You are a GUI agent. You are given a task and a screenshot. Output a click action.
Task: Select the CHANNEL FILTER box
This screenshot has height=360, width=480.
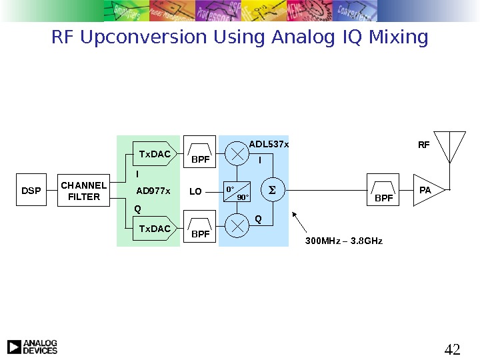[84, 191]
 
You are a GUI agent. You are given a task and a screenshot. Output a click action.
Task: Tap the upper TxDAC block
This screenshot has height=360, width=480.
[155, 155]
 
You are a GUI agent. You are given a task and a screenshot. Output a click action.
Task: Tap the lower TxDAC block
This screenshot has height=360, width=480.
[155, 229]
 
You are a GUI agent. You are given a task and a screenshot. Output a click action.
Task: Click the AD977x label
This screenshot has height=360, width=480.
[153, 192]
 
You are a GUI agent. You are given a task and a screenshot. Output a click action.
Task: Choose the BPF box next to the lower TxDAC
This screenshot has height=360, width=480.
[200, 229]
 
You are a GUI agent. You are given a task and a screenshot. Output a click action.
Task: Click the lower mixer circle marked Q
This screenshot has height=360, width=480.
[237, 225]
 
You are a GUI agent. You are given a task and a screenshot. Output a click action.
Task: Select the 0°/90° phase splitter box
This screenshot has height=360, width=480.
[237, 192]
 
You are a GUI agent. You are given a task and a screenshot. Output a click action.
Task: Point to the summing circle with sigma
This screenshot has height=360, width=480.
[271, 191]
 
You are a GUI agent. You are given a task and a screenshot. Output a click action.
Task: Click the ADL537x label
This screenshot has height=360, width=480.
[269, 143]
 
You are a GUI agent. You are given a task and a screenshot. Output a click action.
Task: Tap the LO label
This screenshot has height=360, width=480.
[195, 192]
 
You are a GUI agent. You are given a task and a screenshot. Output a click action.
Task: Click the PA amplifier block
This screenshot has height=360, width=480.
[427, 191]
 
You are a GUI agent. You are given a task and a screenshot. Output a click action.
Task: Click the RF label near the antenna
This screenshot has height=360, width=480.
[424, 144]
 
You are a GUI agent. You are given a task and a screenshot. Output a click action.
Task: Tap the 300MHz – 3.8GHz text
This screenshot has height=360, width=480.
[344, 240]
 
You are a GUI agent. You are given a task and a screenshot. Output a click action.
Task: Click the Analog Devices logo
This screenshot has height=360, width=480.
[32, 347]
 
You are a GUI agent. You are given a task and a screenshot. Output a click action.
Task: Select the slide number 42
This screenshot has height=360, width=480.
[453, 349]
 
